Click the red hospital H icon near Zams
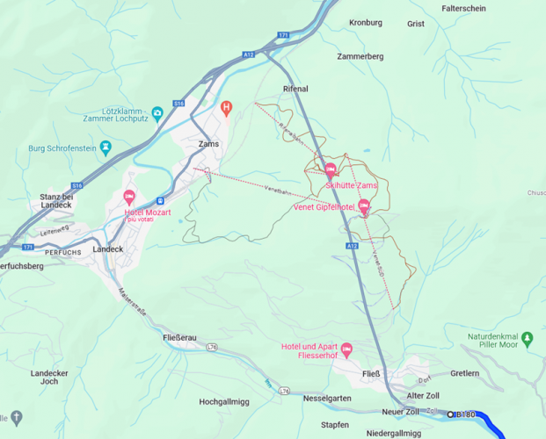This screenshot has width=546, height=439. (226, 108)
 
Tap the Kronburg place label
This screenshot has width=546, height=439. (366, 23)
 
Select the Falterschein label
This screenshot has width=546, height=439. (463, 8)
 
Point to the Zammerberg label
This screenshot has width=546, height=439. (360, 56)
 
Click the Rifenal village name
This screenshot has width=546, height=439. (295, 90)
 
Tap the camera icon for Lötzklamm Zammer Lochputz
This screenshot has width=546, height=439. (157, 113)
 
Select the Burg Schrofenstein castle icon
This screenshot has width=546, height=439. (106, 147)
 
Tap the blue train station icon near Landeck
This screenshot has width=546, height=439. (159, 201)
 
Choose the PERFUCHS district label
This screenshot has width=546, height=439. (62, 252)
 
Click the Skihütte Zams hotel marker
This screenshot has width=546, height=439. (330, 169)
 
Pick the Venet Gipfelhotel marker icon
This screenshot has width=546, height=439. (364, 205)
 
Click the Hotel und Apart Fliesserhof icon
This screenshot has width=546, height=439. (346, 349)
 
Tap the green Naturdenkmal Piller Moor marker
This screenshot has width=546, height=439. (527, 337)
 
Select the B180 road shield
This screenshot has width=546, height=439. (465, 414)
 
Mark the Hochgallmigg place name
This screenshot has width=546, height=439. (224, 401)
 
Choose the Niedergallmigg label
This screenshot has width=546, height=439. (394, 433)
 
